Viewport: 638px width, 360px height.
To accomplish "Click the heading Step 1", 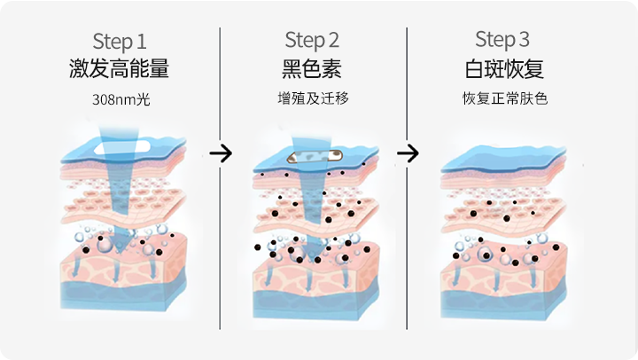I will click(x=120, y=41).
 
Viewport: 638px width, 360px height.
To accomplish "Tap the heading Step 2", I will click(x=312, y=40).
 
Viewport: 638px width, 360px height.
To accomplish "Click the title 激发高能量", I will click(x=120, y=68).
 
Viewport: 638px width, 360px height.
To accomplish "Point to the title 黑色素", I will click(x=312, y=68).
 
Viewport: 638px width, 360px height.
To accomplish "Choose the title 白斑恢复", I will click(x=503, y=68).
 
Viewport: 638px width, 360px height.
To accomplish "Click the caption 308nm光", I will click(x=121, y=99).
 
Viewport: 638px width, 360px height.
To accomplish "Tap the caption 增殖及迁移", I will click(x=312, y=98).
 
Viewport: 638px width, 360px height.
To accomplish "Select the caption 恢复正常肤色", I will click(x=503, y=98).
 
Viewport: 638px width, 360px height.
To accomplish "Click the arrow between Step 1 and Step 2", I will click(x=221, y=153).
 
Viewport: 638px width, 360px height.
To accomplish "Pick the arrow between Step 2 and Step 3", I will click(x=408, y=153).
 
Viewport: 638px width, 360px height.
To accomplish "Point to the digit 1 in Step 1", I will click(x=142, y=41).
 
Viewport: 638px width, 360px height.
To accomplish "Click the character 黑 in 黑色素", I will click(x=292, y=68).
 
